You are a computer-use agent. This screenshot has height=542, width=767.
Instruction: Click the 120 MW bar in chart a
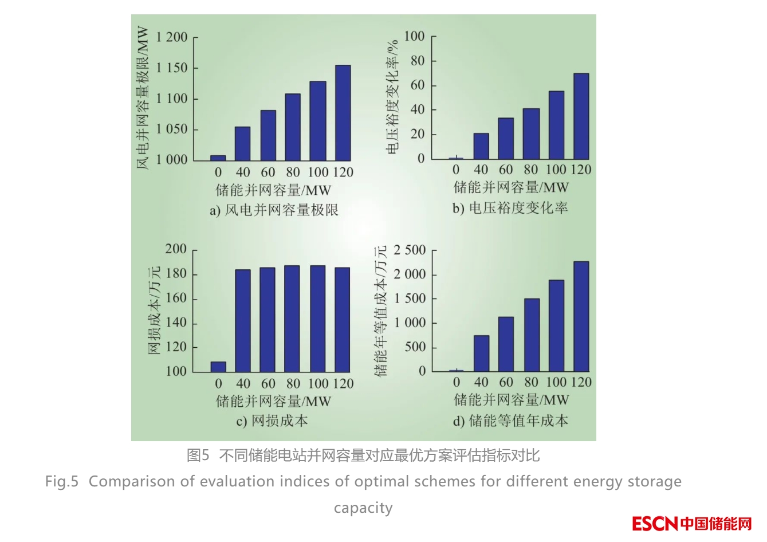pyautogui.click(x=343, y=113)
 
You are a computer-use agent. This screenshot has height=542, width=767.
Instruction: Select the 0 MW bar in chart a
pyautogui.click(x=218, y=158)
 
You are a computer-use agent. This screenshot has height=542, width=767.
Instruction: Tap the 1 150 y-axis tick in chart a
pyautogui.click(x=172, y=68)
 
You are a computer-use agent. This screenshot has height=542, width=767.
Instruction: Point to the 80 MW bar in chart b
pyautogui.click(x=531, y=133)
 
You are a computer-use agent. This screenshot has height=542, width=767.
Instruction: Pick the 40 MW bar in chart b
pyautogui.click(x=481, y=146)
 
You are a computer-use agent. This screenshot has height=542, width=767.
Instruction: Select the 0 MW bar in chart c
pyautogui.click(x=218, y=367)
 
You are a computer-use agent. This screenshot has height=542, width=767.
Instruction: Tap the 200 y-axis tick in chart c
pyautogui.click(x=176, y=249)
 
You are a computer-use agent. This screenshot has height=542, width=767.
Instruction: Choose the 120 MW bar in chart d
pyautogui.click(x=581, y=316)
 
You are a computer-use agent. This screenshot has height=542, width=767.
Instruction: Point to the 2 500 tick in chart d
pyautogui.click(x=410, y=250)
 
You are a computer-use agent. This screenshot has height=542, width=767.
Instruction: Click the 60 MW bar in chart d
pyautogui.click(x=506, y=344)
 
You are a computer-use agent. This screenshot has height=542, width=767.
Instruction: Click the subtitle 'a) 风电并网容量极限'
pyautogui.click(x=274, y=210)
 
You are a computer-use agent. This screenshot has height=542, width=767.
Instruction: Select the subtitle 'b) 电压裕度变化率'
pyautogui.click(x=510, y=208)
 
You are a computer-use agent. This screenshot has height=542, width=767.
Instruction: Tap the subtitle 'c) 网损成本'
pyautogui.click(x=272, y=421)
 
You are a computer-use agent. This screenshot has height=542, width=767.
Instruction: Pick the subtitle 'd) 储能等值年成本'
pyautogui.click(x=510, y=421)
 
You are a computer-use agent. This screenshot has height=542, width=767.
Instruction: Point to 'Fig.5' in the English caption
pyautogui.click(x=61, y=481)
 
